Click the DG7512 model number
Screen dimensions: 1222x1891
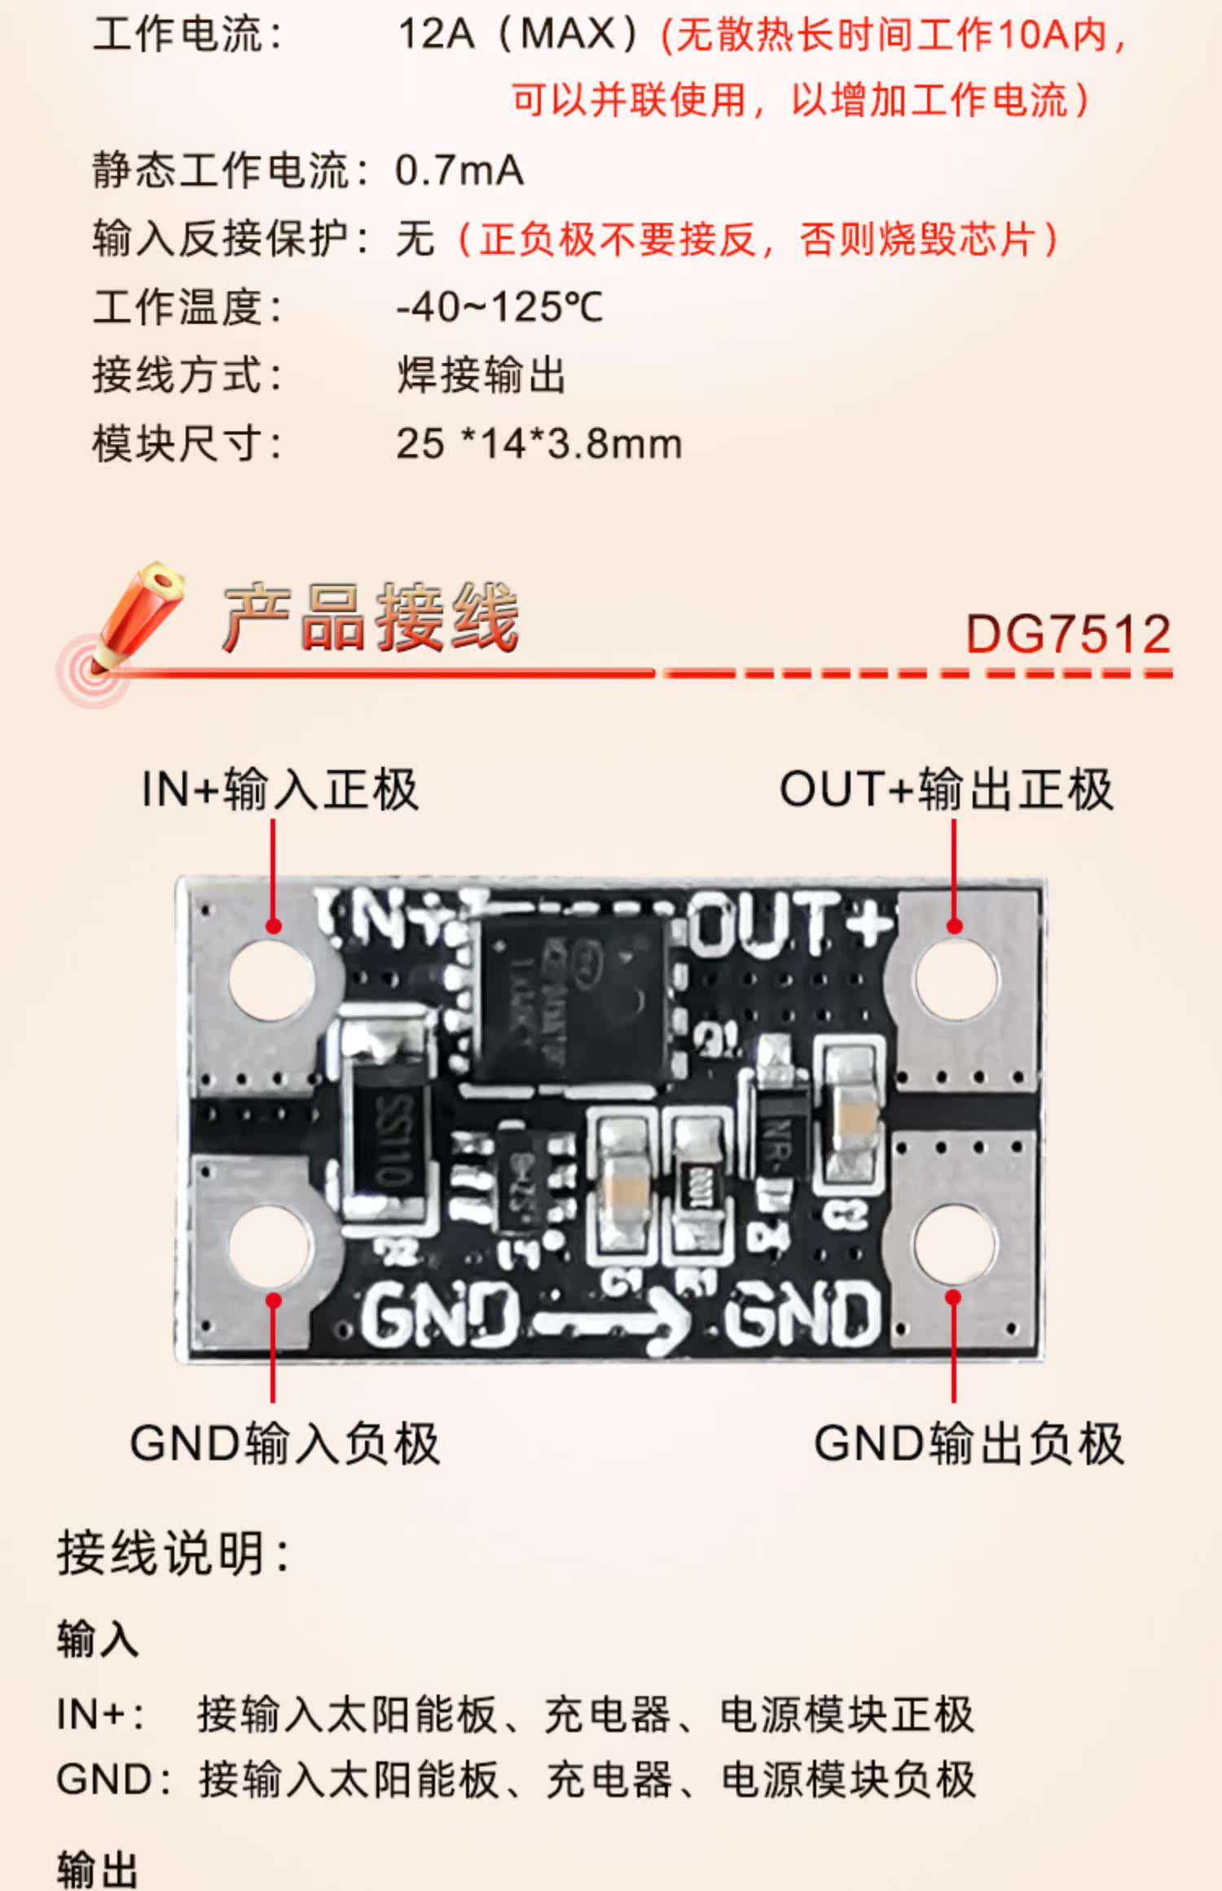[1067, 634]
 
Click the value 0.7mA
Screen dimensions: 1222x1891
[459, 171]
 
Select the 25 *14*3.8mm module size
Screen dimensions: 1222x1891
[538, 445]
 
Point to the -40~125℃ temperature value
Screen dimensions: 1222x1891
[499, 308]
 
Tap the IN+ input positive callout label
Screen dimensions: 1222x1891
[279, 789]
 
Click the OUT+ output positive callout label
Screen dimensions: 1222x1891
[946, 789]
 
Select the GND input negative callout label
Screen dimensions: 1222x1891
[284, 1444]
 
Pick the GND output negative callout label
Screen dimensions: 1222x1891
[969, 1444]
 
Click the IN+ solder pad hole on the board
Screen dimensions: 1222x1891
[271, 979]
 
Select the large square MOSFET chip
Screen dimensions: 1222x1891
[571, 998]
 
